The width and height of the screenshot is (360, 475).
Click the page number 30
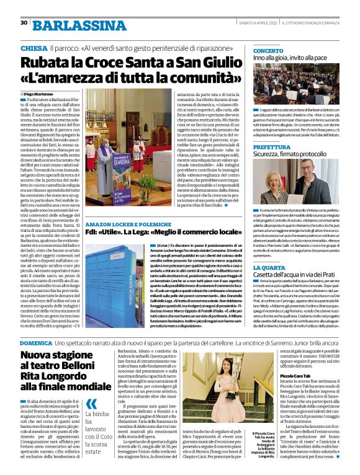pos(24,23)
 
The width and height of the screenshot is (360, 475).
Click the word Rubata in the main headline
pos(47,63)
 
